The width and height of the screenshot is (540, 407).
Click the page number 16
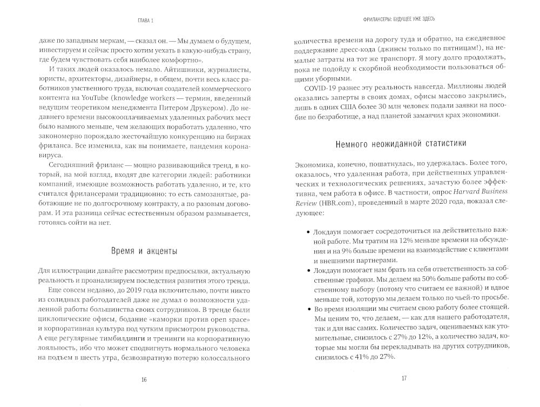click(x=144, y=378)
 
